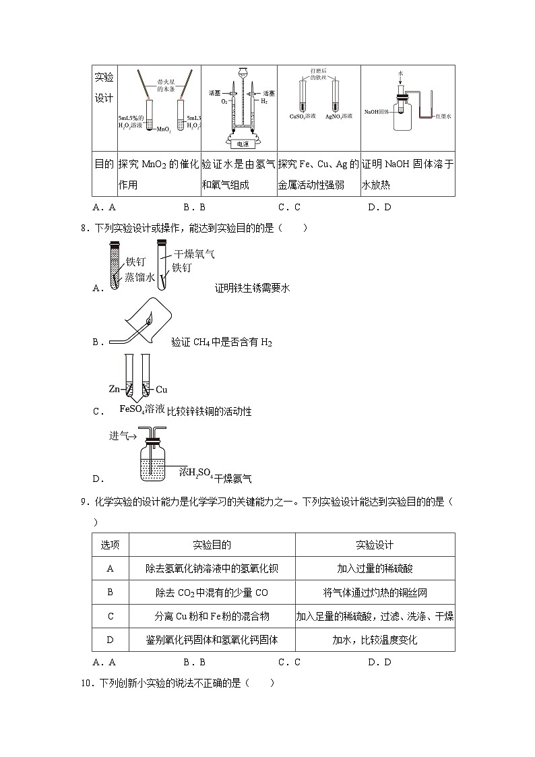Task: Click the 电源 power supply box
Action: tap(239, 144)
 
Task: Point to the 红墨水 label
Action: tap(442, 117)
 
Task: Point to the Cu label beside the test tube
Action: tap(162, 389)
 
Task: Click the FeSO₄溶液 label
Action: tap(142, 409)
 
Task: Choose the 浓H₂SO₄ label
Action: tap(196, 473)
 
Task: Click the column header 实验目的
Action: tap(212, 545)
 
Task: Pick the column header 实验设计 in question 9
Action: tap(375, 545)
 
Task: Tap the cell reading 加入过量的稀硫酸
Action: tap(375, 568)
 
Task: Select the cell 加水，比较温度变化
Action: tap(375, 640)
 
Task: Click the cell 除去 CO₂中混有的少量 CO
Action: tap(212, 593)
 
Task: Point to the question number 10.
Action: tap(86, 683)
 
